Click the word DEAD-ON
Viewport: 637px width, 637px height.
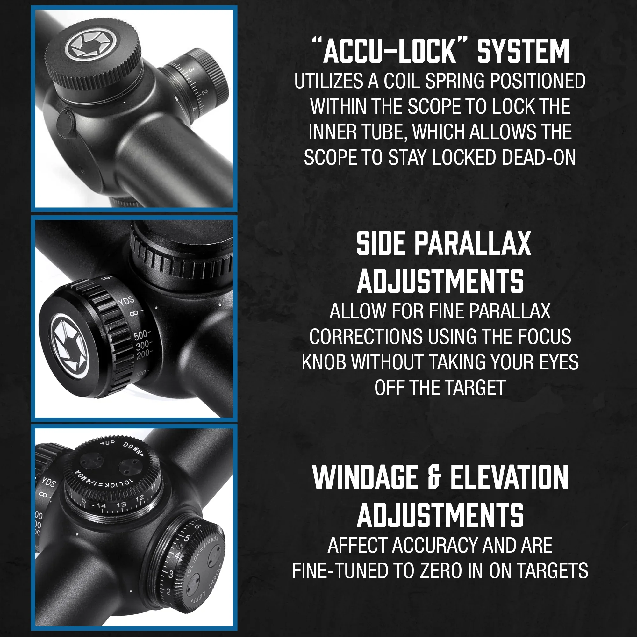(x=539, y=157)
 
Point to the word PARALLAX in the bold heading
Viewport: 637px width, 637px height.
(x=472, y=243)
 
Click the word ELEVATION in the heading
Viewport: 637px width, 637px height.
(x=509, y=477)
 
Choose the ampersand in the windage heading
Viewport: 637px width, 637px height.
(x=434, y=477)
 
